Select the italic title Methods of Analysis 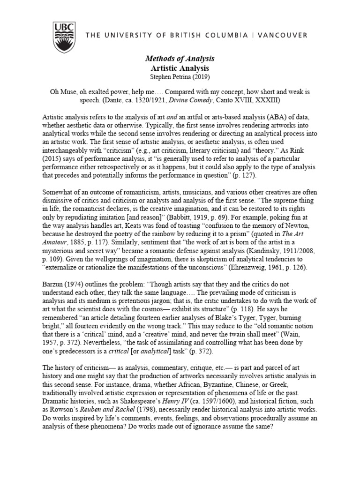(180, 59)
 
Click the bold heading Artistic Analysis (180, 68)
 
